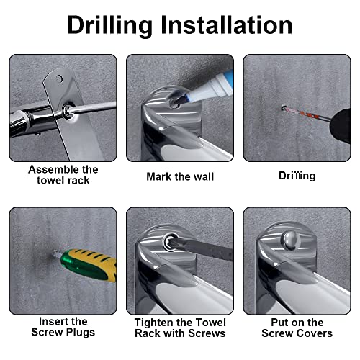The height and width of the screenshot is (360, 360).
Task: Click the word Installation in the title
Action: click(226, 24)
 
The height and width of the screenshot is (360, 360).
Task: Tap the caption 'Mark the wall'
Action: click(180, 176)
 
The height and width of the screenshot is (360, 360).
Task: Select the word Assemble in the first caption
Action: click(53, 169)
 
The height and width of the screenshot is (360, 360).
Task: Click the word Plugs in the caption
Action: click(81, 333)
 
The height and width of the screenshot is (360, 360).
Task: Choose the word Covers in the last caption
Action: click(315, 333)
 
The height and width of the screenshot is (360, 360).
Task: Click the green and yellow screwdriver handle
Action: click(89, 265)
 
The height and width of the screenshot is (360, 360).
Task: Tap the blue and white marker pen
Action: click(207, 88)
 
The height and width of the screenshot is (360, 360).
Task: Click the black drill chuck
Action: click(341, 125)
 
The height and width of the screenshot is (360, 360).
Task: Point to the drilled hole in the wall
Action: click(284, 108)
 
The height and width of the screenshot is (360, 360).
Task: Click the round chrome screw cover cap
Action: click(291, 240)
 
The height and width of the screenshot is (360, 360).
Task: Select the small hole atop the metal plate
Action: click(59, 78)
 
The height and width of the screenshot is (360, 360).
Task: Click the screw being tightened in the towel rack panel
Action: click(170, 242)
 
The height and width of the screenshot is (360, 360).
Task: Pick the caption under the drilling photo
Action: click(297, 176)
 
